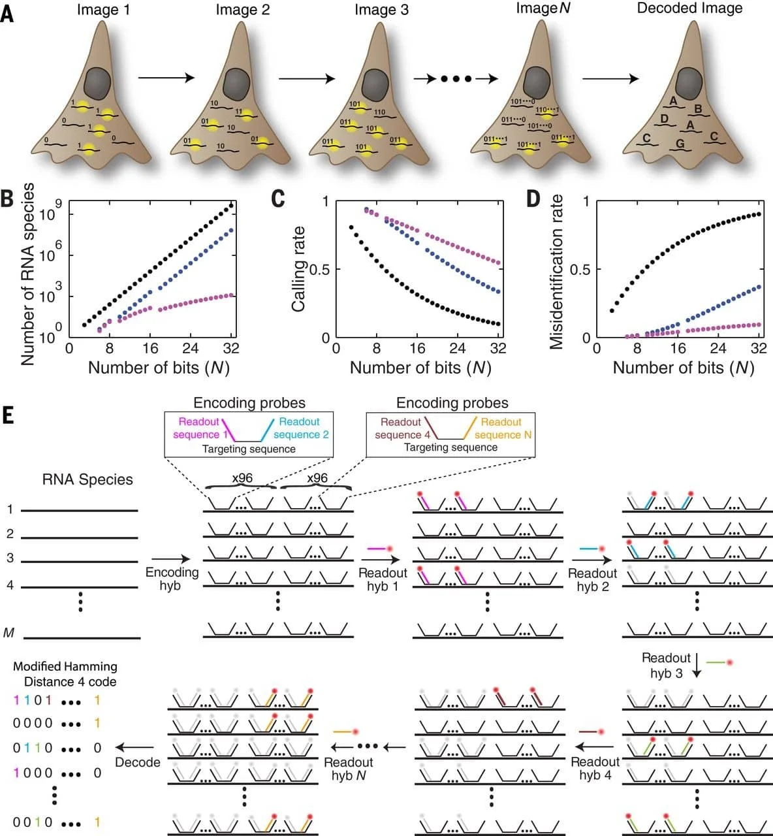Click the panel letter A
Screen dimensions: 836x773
point(7,12)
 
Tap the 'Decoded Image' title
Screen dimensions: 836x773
point(689,8)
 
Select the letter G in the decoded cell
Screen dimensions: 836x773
point(680,144)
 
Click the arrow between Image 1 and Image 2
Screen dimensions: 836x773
point(166,78)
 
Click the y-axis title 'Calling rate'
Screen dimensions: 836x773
point(298,268)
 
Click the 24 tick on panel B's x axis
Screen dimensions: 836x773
point(190,347)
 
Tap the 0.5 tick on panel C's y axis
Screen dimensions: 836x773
point(319,269)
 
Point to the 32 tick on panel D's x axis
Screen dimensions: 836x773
point(758,347)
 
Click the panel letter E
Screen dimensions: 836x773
point(7,415)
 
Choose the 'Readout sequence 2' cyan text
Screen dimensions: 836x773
point(300,428)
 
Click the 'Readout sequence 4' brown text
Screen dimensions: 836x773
point(402,428)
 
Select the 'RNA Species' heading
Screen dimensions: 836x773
point(87,479)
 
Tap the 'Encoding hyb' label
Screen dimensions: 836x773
point(172,579)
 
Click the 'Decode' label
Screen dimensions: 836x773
point(138,762)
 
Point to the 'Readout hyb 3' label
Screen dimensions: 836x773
point(666,665)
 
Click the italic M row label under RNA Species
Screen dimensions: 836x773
point(9,632)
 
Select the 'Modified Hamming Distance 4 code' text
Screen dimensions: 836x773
point(65,674)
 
